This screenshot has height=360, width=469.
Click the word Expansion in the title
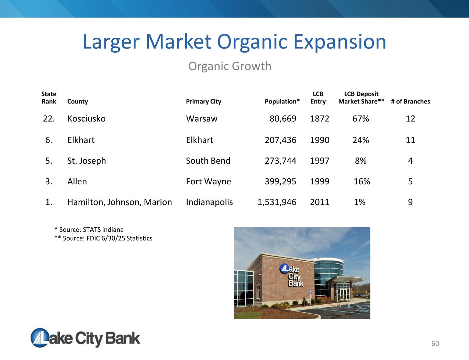(340, 42)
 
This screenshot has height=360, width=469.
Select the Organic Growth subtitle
(230, 66)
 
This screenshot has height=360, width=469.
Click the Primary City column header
(203, 101)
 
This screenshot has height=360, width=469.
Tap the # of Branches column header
(410, 101)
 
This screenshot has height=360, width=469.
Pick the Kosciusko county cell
(86, 119)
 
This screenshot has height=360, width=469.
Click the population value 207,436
(280, 140)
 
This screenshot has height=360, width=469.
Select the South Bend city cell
(208, 161)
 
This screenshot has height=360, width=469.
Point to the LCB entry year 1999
(320, 182)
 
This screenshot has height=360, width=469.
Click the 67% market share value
(361, 119)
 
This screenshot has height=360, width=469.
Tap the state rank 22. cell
(49, 119)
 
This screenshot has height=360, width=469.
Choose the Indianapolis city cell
(209, 203)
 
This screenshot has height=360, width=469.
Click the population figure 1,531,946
(277, 203)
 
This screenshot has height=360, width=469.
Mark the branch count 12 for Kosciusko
(410, 119)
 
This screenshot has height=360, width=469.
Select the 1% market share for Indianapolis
(360, 202)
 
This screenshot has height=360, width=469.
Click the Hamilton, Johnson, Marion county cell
(120, 203)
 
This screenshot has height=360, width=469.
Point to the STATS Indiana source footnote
(89, 229)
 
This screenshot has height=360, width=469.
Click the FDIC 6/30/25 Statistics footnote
(103, 238)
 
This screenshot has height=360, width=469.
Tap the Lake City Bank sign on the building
(292, 275)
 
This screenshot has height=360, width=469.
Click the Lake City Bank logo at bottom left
(85, 338)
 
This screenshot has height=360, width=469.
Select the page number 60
(435, 343)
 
